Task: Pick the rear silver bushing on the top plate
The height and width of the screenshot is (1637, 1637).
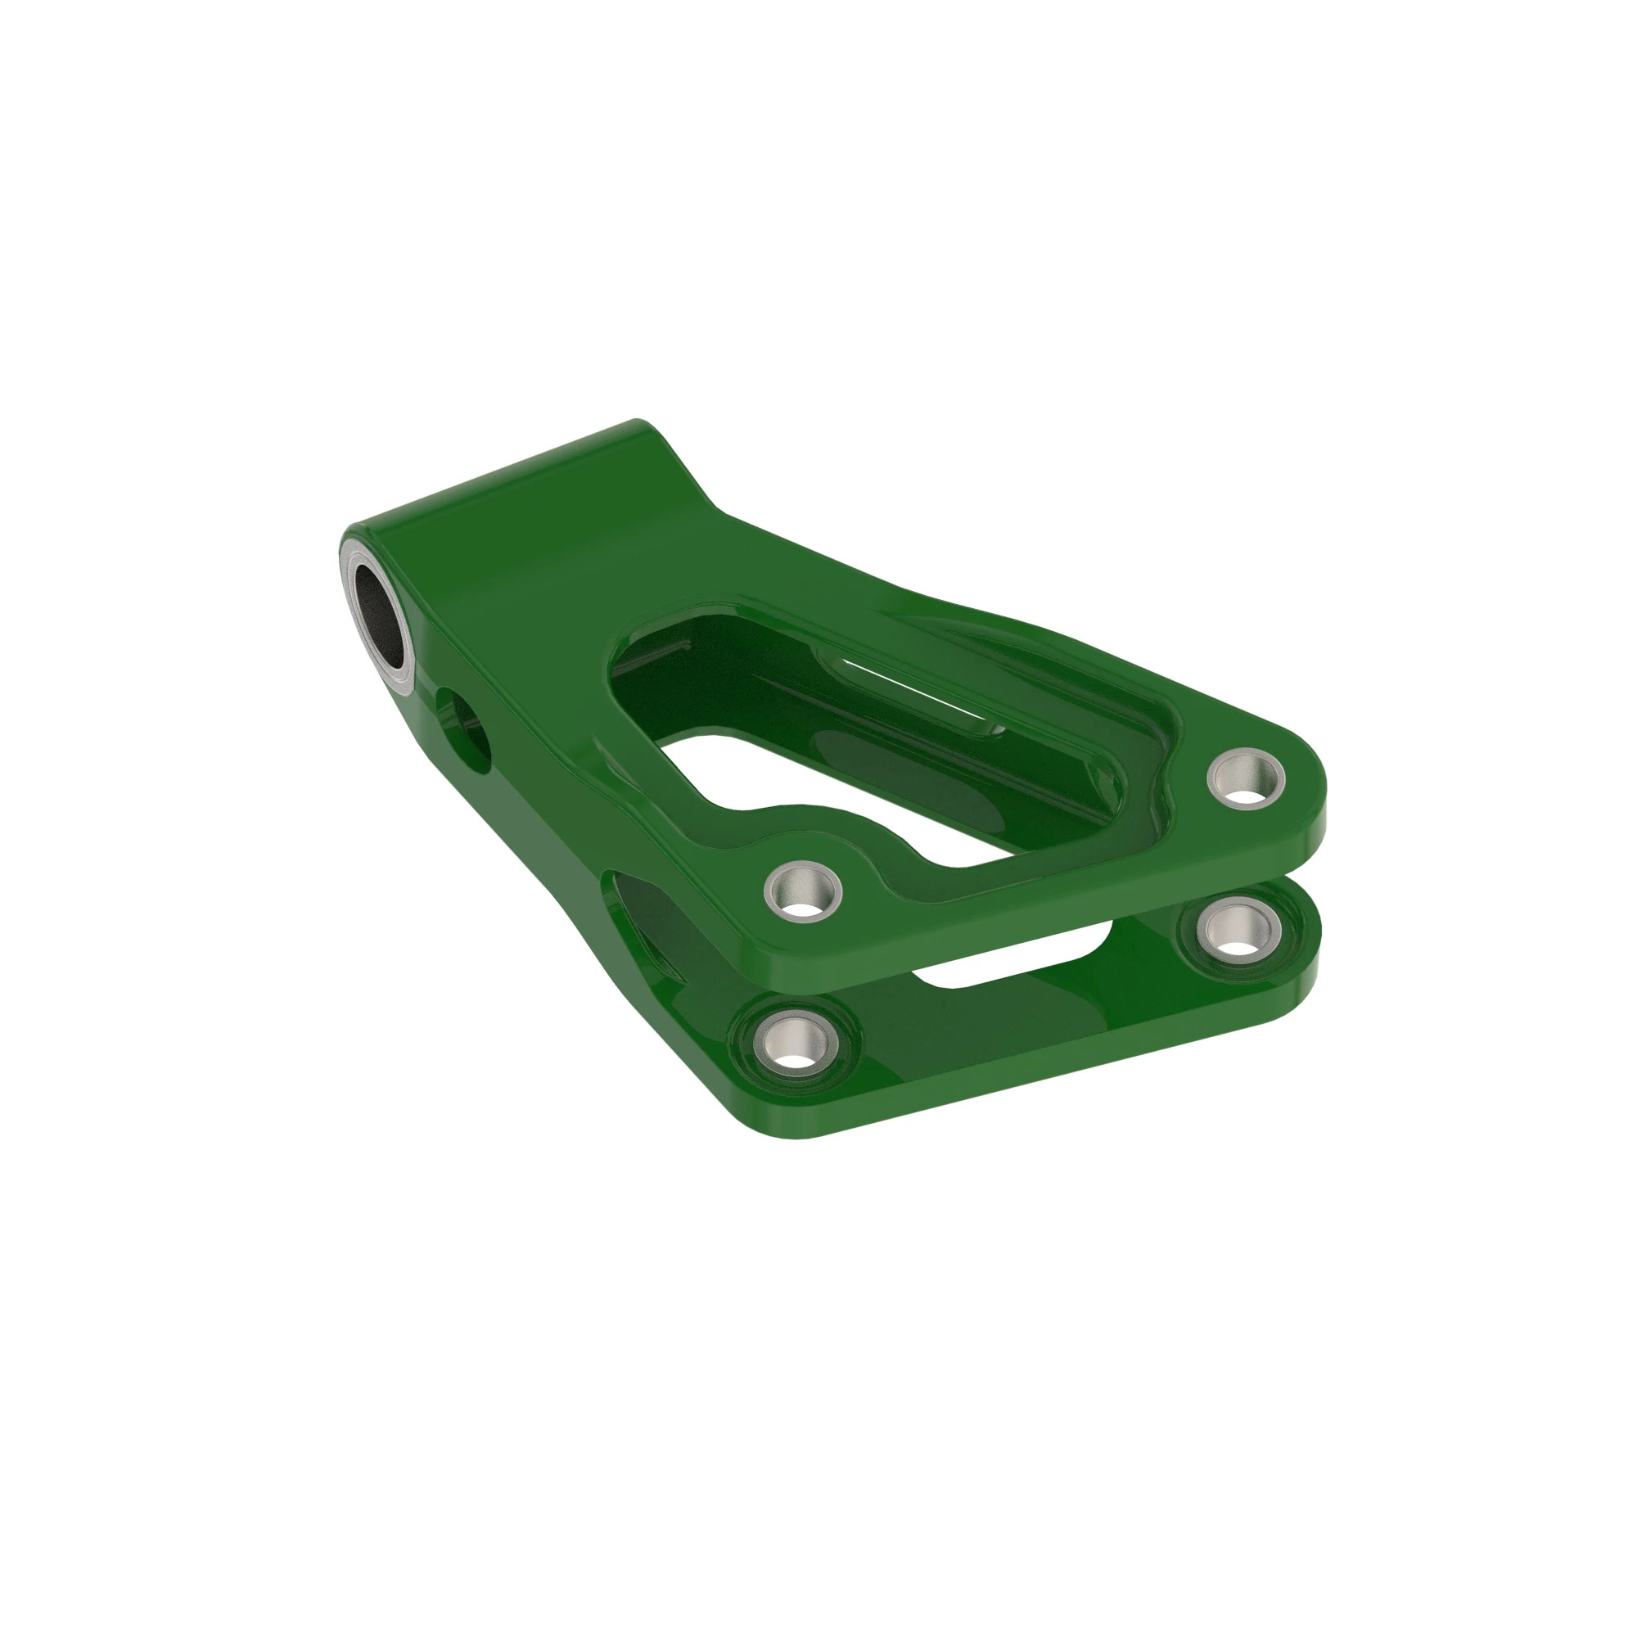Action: [1246, 776]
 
